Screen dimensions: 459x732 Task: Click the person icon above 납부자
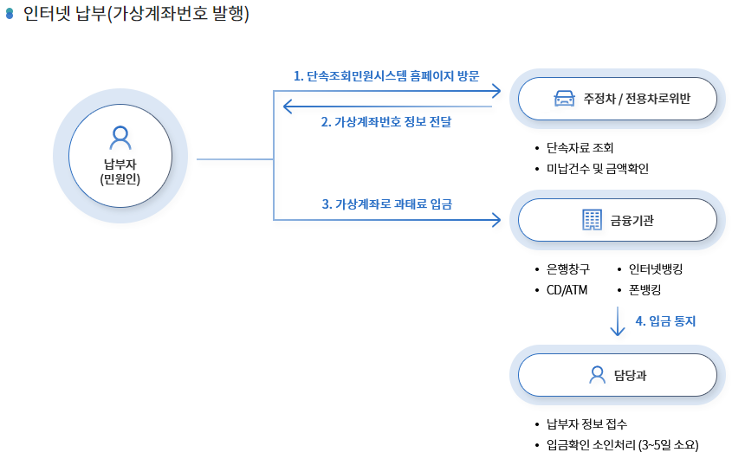tap(120, 137)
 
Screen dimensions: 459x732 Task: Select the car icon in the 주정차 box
tap(565, 98)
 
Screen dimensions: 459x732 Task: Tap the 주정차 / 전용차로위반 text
tap(637, 98)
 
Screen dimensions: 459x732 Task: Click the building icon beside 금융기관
tap(593, 220)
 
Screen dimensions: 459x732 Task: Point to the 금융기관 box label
tap(632, 220)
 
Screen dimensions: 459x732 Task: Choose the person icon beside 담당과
tap(597, 374)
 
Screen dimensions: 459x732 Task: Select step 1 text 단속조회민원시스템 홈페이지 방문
tap(386, 75)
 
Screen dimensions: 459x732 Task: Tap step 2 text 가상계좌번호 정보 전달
tap(386, 122)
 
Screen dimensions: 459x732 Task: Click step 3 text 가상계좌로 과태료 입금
tap(386, 204)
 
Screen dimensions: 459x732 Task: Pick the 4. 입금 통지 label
tap(665, 320)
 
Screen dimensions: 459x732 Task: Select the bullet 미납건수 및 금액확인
tap(597, 168)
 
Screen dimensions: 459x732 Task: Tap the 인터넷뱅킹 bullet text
tap(656, 269)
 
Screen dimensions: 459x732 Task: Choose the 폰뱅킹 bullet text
tap(645, 289)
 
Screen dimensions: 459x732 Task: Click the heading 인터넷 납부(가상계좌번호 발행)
tap(136, 14)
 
